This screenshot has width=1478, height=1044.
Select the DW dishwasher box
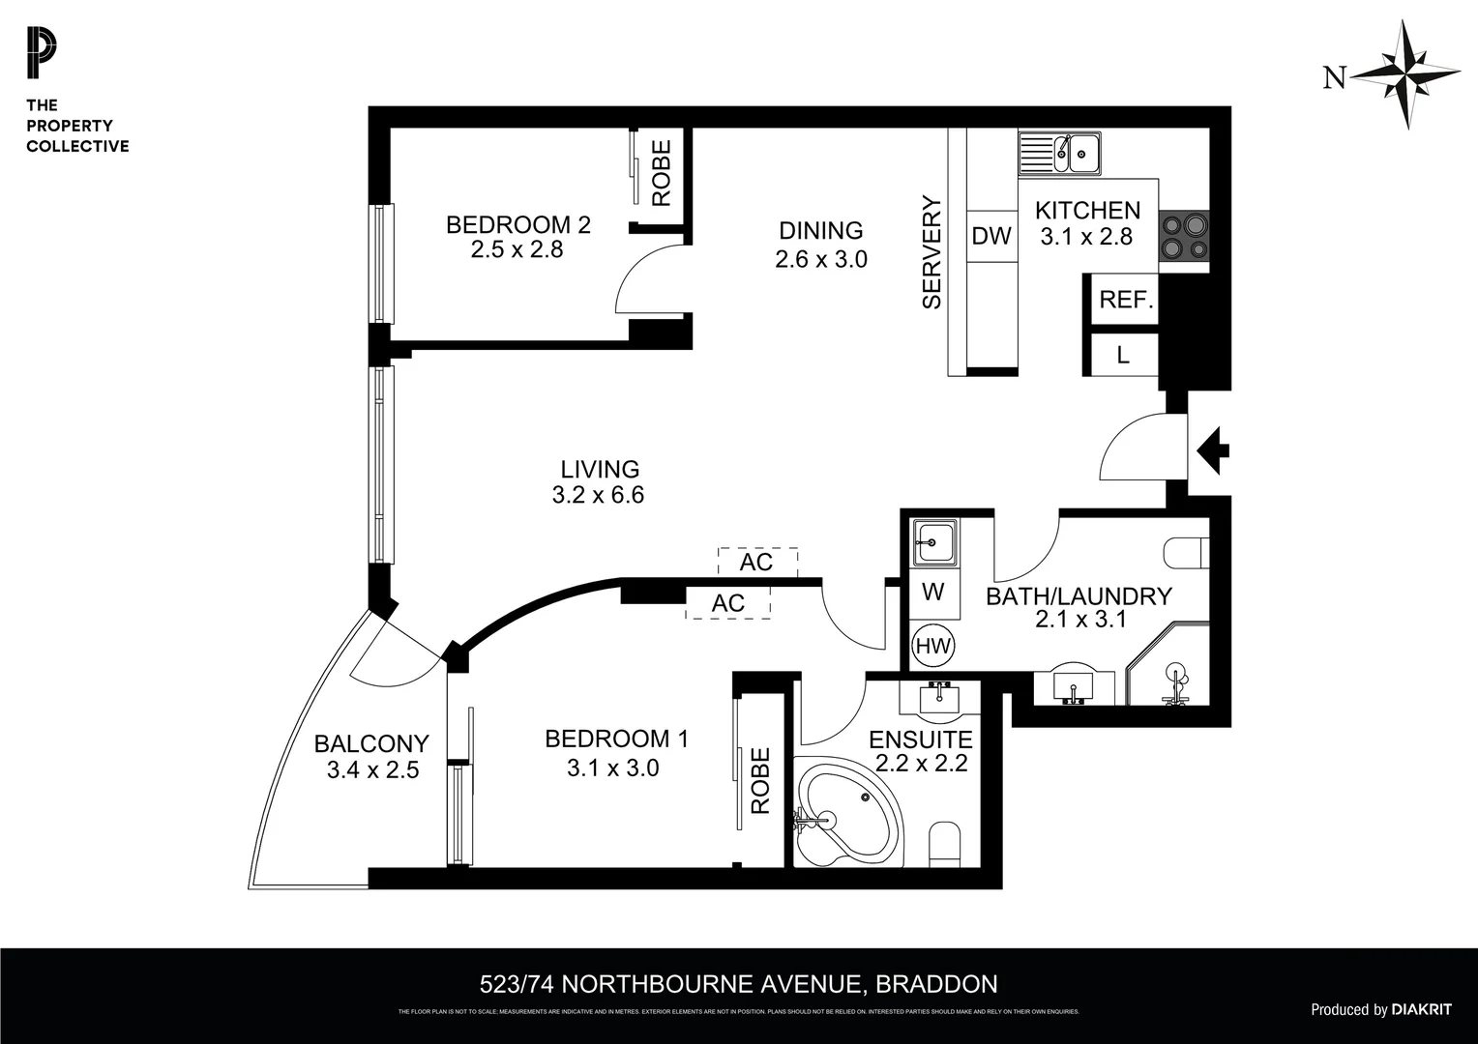[991, 236]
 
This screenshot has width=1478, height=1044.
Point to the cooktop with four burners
[1184, 236]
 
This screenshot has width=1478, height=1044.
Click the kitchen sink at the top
[1060, 153]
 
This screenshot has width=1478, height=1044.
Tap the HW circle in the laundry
[933, 646]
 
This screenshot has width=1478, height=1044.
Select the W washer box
[933, 592]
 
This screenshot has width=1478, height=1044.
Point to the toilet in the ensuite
[943, 842]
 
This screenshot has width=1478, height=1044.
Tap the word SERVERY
[931, 252]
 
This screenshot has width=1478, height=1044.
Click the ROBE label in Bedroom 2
[662, 173]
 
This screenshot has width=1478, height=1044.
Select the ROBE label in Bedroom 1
[761, 780]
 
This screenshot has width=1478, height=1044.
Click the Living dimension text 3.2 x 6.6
[598, 495]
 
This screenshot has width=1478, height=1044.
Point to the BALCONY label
[371, 743]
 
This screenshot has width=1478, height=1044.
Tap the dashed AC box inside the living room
[757, 562]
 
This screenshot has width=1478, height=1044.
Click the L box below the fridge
[1123, 355]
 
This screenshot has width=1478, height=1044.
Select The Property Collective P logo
[42, 54]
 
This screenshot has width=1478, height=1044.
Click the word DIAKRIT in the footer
[1421, 1009]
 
